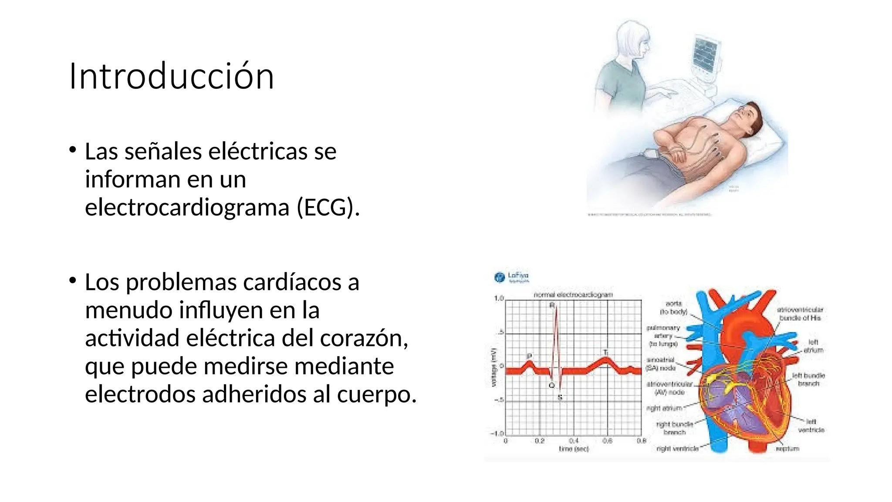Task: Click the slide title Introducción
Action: click(x=172, y=76)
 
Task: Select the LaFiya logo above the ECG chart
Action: click(x=512, y=277)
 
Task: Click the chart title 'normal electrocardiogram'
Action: click(x=573, y=295)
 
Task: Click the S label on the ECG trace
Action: click(x=560, y=397)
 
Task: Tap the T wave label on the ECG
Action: click(x=605, y=352)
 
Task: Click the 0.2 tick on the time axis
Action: click(x=540, y=441)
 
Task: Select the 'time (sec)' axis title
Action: click(x=574, y=448)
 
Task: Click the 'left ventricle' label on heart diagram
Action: click(x=811, y=426)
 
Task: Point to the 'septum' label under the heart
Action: click(x=787, y=448)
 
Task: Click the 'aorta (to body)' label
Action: click(x=673, y=307)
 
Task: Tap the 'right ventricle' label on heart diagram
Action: click(x=677, y=448)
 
